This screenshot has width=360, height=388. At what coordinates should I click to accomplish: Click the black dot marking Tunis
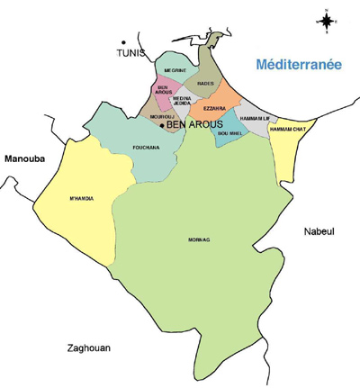point(123,41)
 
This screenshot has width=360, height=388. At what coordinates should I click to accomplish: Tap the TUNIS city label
point(130,53)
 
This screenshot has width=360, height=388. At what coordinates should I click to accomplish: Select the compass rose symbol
point(326,18)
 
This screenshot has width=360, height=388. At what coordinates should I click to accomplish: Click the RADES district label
point(205,83)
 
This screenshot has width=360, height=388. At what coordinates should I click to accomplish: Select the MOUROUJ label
point(163,116)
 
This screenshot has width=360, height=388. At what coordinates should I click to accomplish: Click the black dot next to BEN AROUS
point(162,125)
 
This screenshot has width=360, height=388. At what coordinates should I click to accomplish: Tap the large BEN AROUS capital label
point(194,125)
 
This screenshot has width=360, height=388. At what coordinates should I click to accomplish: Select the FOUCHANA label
point(146,147)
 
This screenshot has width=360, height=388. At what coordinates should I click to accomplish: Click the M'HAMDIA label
point(81,198)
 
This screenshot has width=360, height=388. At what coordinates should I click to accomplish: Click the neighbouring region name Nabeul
point(319,231)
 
